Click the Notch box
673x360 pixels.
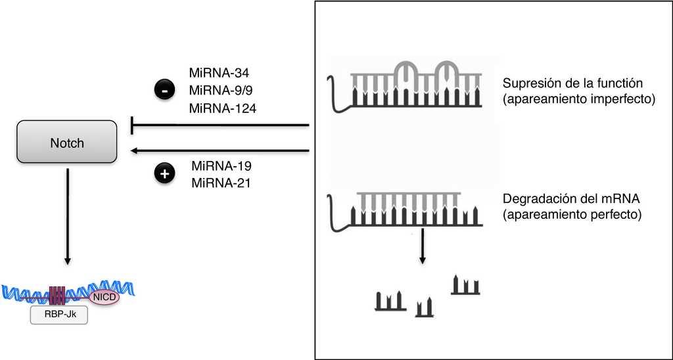(x=67, y=143)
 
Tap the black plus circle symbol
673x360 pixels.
(x=164, y=173)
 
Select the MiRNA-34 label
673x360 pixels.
(x=219, y=73)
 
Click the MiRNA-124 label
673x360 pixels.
(x=222, y=108)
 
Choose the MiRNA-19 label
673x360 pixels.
(x=221, y=165)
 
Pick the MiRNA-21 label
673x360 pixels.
(x=221, y=182)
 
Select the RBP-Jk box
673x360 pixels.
(x=59, y=315)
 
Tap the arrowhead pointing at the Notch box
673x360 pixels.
(x=133, y=152)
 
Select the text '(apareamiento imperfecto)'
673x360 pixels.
(x=579, y=101)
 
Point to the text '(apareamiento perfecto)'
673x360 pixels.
(x=571, y=215)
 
